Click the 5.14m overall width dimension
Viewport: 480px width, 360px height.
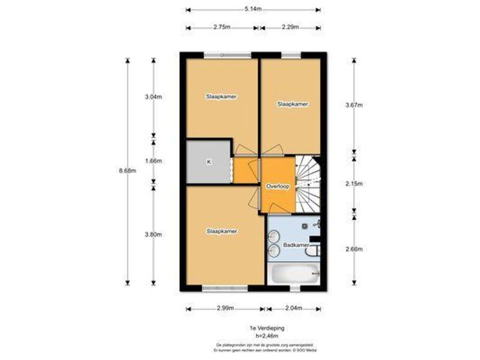(253, 9)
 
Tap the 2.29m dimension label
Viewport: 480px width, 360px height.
(290, 27)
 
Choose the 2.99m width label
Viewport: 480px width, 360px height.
(225, 308)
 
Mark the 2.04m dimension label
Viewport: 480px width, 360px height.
(293, 308)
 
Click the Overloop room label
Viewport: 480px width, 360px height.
(278, 185)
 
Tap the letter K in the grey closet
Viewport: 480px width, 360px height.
(208, 162)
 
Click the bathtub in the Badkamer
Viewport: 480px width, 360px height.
(293, 273)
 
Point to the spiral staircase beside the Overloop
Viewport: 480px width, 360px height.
(307, 182)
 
